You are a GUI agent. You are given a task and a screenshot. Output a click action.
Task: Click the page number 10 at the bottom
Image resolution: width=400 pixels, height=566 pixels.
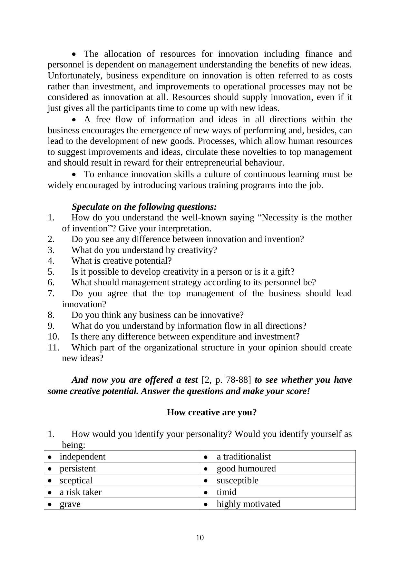[200, 538]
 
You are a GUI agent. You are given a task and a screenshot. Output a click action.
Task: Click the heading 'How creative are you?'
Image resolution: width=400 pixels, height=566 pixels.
[211, 412]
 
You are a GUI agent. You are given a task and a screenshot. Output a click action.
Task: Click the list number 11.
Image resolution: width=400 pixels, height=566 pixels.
[54, 348]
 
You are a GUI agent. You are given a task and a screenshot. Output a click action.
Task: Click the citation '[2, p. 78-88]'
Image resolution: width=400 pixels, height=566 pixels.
[226, 380]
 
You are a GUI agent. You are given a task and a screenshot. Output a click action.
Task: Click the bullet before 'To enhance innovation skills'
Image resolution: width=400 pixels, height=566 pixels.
[74, 175]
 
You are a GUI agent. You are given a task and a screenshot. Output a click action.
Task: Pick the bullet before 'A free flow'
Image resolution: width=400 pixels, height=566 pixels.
[74, 120]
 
